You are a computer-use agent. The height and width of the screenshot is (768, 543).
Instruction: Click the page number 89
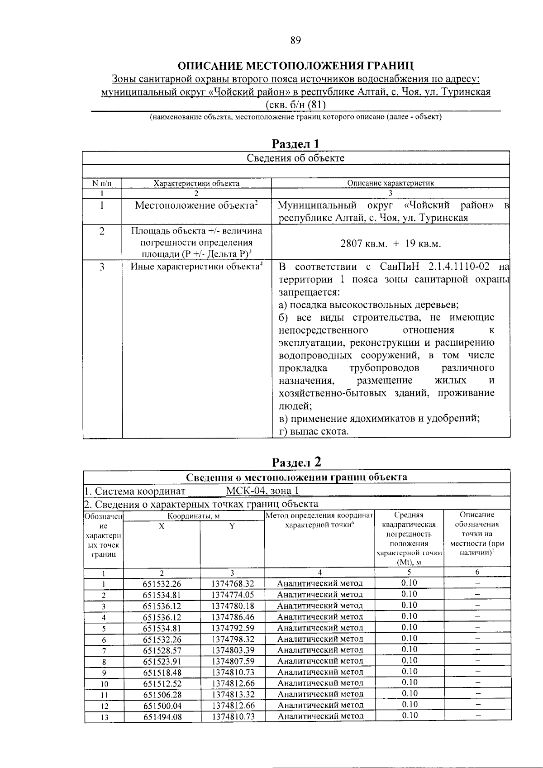tap(295, 40)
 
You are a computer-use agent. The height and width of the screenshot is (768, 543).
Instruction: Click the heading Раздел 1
tap(295, 144)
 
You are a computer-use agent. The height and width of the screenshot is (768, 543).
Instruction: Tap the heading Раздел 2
tap(296, 462)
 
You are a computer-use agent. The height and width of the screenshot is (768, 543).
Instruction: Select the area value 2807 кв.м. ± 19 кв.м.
tap(390, 243)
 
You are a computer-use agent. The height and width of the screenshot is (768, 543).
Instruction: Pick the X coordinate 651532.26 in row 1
tap(162, 584)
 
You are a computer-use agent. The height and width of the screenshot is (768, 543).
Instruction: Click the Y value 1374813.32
tap(233, 694)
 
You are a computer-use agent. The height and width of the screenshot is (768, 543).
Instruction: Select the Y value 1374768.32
tap(233, 584)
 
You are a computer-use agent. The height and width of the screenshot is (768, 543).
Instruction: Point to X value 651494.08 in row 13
tap(162, 716)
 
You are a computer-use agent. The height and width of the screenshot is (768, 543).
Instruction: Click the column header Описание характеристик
tap(390, 183)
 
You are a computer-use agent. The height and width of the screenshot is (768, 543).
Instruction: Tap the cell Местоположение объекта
tap(196, 205)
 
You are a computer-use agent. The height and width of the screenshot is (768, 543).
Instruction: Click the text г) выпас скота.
tap(314, 431)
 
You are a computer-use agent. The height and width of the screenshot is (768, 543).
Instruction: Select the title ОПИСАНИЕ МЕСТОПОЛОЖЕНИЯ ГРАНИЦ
tap(295, 66)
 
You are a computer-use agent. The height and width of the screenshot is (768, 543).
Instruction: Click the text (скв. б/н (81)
tap(295, 105)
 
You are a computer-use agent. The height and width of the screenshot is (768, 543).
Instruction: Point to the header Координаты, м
tap(193, 515)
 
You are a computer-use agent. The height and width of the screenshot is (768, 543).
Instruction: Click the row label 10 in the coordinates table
tap(104, 683)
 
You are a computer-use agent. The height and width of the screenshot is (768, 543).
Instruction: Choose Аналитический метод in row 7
tap(319, 650)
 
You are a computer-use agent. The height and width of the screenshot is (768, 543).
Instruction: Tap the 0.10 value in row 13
tap(409, 716)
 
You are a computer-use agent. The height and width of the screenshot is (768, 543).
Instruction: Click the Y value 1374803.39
tap(233, 650)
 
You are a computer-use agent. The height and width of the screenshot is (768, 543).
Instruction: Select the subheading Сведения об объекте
tap(295, 158)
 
